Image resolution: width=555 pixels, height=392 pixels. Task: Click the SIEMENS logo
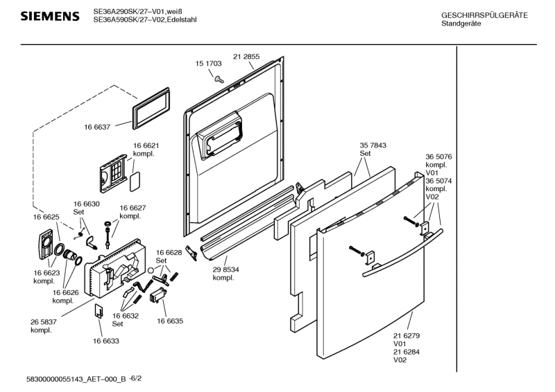tap(49, 16)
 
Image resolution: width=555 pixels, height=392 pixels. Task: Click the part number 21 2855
tap(246, 56)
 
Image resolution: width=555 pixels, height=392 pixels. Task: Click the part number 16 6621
tap(146, 145)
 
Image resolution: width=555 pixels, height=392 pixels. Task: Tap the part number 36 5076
tap(439, 157)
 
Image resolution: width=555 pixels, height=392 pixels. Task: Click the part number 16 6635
tap(170, 321)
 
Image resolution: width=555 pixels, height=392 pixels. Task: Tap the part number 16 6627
tap(133, 208)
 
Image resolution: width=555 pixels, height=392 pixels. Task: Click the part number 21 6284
tap(407, 352)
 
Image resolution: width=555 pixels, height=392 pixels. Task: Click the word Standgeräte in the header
tap(461, 24)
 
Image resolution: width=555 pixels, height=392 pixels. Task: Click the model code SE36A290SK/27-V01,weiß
tap(135, 12)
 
